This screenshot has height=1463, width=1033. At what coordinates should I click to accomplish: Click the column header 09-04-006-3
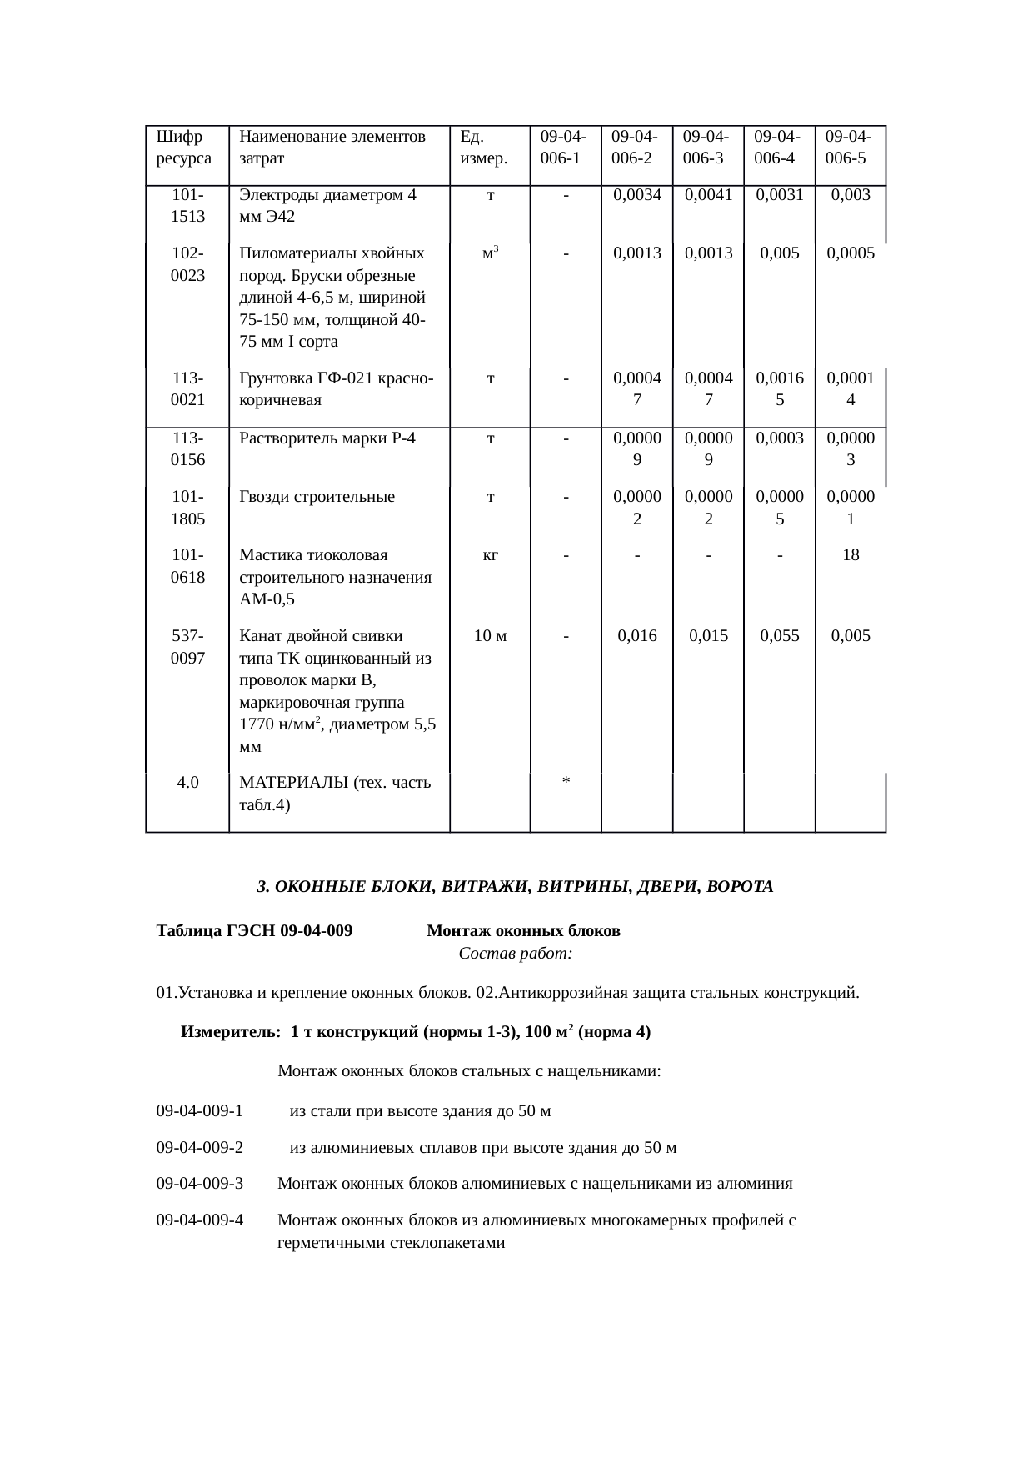707,147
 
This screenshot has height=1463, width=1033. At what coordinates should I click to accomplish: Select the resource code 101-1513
187,206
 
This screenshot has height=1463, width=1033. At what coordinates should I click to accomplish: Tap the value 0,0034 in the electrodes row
636,195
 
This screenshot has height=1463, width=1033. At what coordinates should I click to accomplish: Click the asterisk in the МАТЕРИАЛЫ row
566,781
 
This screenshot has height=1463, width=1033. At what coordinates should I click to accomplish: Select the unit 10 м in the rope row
491,636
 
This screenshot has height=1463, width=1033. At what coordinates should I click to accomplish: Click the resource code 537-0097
187,647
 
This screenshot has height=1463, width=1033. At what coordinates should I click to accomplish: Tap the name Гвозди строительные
317,497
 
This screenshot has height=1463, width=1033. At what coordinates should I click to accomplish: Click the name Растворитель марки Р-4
327,438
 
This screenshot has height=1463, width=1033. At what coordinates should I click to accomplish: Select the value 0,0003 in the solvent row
779,438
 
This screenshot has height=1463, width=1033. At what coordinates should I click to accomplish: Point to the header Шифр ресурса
183,147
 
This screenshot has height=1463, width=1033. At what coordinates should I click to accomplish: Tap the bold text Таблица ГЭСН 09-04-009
254,930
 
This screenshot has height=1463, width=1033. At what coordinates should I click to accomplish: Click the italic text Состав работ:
515,953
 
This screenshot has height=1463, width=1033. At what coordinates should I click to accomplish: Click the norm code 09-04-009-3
200,1183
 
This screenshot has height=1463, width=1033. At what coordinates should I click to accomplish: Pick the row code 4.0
187,782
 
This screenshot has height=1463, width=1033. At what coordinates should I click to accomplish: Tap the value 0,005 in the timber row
779,253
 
